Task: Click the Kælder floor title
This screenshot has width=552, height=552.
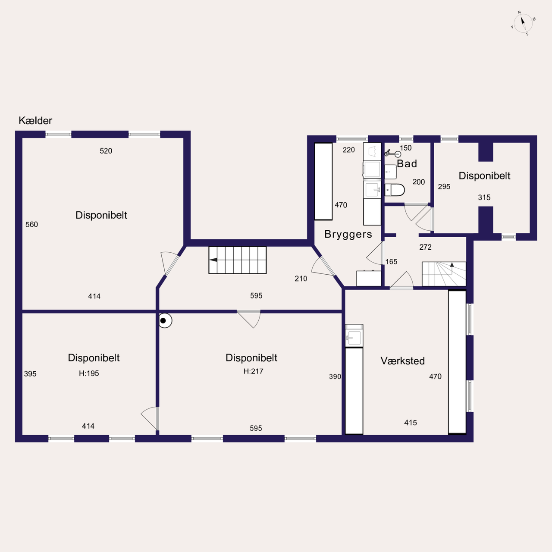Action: coord(35,121)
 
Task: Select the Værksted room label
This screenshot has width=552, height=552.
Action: coord(402,361)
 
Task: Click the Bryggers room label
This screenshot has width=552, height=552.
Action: coord(348,234)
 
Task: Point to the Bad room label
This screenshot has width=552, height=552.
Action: coord(407,163)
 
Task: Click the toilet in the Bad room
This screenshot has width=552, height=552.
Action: coord(395,190)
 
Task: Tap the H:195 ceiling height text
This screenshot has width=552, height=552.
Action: coord(89,373)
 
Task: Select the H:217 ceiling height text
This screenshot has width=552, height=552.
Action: coord(253,371)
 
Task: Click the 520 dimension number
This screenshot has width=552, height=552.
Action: coord(106,151)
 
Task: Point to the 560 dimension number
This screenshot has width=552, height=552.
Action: coord(31,224)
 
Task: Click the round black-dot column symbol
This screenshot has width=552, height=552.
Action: coord(165,320)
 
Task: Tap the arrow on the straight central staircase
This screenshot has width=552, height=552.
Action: coord(213,260)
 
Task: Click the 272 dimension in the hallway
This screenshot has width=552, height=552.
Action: coord(425,247)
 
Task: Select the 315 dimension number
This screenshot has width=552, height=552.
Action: coord(484,198)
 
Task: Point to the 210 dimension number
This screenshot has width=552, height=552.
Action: coord(301,279)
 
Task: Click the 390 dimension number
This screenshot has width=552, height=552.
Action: coord(335,376)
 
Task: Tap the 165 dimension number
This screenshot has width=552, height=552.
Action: coord(391,261)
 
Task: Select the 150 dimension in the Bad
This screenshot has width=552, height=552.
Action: coord(406,148)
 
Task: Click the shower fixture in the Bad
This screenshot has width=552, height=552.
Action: coord(392,154)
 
